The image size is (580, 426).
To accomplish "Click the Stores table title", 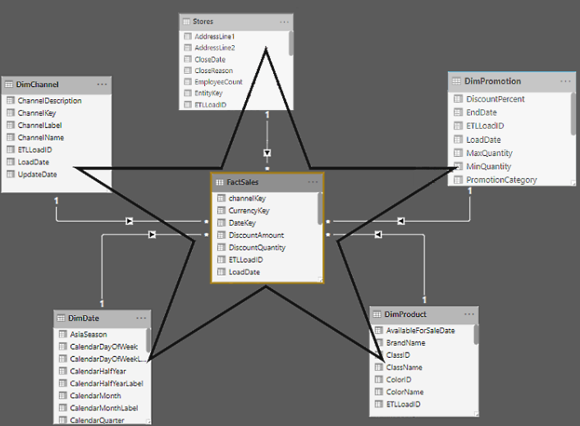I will pos(203,21).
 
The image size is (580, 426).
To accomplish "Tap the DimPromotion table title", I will pos(492,81).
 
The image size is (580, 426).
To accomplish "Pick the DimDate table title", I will pos(85,318).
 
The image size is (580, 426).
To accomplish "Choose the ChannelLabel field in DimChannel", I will pos(41,126).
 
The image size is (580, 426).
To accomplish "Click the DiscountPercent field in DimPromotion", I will pos(495,98).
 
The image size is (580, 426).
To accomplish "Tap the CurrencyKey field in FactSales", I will pos(249,211).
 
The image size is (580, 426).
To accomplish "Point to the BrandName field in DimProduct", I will pos(405,342).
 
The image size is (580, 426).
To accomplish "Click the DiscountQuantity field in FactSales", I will pos(257,247).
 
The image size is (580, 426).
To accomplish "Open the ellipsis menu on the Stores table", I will pos(284,21).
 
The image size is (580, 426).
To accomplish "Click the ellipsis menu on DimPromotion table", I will pos(566,81).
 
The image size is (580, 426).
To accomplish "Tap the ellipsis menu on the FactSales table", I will pos(313,181).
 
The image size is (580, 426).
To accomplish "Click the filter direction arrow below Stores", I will pos(267,153).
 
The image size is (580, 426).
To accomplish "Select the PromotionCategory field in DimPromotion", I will pos(501,180).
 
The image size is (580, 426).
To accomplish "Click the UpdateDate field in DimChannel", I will pos(38,175).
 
